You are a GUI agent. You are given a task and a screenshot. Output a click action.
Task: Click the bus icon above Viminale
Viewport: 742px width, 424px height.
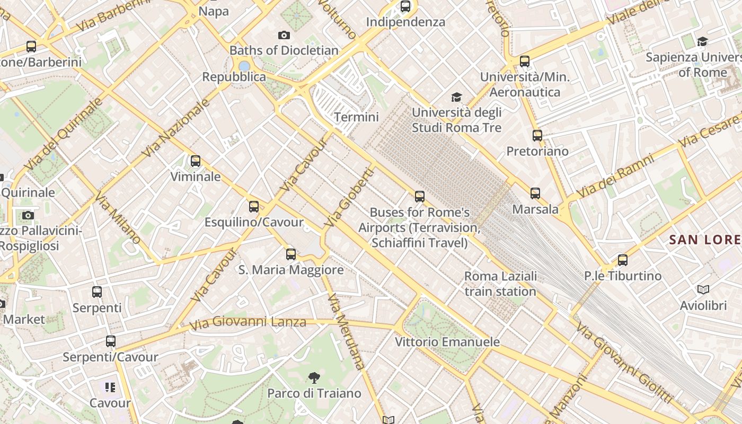click(x=196, y=161)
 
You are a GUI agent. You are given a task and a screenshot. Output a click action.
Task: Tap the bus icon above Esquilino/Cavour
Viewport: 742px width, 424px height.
click(x=254, y=207)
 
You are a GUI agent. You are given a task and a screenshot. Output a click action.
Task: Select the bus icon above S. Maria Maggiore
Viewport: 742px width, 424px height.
click(x=290, y=254)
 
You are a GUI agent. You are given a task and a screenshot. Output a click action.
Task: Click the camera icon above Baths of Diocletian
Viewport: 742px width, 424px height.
click(x=284, y=36)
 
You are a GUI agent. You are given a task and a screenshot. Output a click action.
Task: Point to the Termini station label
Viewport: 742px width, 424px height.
click(x=357, y=117)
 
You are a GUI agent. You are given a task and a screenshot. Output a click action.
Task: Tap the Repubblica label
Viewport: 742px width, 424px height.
click(x=234, y=77)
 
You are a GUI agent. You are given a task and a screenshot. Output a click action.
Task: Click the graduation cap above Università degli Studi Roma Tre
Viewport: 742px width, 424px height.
click(x=456, y=97)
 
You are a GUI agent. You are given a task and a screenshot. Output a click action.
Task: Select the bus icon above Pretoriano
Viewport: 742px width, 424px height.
click(x=537, y=135)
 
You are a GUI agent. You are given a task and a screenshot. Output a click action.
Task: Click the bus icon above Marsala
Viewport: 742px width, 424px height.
click(x=535, y=193)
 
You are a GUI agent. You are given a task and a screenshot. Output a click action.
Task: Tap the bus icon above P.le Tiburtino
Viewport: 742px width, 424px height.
click(x=623, y=260)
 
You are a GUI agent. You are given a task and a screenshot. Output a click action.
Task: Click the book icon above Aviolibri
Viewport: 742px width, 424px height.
click(x=703, y=290)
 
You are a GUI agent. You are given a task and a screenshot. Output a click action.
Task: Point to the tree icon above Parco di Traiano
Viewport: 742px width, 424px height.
click(x=314, y=377)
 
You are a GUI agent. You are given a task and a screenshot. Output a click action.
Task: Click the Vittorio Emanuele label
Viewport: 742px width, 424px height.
click(x=447, y=342)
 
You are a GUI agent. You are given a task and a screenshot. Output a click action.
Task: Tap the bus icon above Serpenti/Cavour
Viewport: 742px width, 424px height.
click(x=110, y=341)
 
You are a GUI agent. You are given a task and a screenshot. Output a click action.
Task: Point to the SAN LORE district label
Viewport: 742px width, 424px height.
click(x=705, y=240)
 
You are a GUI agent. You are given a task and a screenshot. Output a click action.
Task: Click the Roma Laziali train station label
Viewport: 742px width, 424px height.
click(x=500, y=284)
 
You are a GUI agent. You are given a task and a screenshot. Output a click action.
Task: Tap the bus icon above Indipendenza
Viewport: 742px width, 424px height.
click(x=405, y=6)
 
